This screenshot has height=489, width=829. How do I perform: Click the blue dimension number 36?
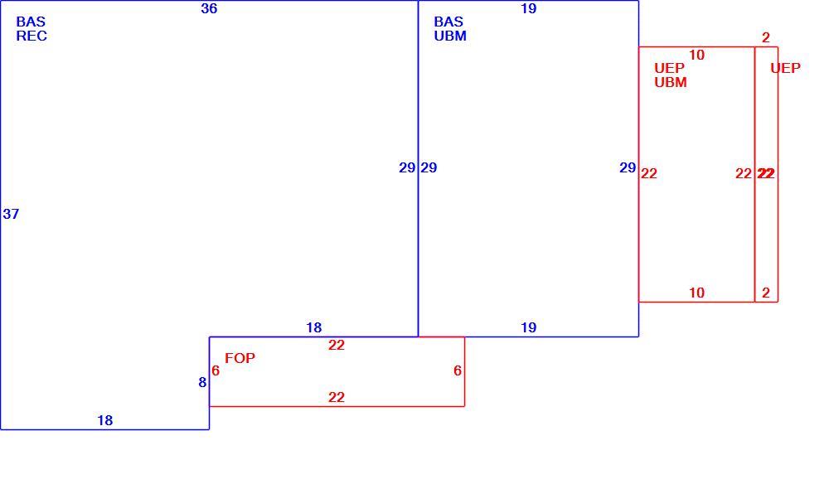209,8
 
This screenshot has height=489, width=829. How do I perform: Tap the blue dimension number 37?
11,214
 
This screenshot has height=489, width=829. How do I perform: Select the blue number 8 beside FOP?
202,382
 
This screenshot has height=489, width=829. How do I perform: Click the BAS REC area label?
32,28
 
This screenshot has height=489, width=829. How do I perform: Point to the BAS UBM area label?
450,28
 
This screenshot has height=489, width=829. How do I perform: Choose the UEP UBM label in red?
671,75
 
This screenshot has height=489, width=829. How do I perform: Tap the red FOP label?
240,358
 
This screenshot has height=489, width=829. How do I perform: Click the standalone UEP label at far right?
785,68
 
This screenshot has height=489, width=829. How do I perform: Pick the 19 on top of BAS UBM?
529,8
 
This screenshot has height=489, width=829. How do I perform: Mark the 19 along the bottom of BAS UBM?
529,327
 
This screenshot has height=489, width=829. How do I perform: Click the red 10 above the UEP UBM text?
697,55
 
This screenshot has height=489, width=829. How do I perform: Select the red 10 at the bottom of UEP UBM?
697,293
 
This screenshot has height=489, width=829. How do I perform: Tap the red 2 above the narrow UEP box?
766,37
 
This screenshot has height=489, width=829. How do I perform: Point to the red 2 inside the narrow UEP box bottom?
766,293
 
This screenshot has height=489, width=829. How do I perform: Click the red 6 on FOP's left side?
216,370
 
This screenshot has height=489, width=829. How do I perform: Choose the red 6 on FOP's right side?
458,370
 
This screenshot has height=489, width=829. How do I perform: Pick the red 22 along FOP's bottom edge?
337,397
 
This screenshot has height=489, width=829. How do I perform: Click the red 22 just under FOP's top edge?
337,346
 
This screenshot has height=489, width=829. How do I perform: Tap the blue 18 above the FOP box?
314,327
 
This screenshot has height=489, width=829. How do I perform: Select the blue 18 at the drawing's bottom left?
105,420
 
